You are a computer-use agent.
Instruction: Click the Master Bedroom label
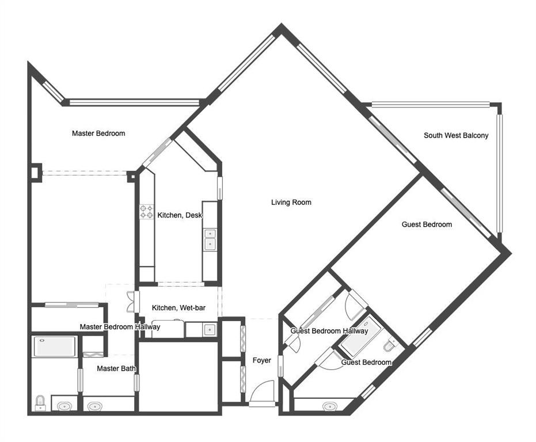pos(98,134)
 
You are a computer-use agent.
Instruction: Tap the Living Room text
pos(291,203)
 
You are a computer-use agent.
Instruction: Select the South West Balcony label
pos(456,136)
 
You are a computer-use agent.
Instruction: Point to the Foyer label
pos(262,361)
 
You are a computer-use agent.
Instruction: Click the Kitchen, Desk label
pos(180,216)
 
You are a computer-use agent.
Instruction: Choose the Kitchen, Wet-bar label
pos(178,308)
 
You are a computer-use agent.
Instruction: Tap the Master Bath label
pos(116,368)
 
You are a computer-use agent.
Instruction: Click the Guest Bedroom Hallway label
pos(329,331)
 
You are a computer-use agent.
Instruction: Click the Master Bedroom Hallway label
pos(120,327)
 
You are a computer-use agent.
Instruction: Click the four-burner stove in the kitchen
pos(146,212)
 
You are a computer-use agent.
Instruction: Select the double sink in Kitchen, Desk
pos(210,239)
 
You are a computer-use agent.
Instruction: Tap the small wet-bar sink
pos(210,330)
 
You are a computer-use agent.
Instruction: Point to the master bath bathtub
pos(55,346)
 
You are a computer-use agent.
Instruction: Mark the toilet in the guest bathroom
pos(391,346)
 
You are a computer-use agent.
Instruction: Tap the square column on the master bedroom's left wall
pos(36,171)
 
